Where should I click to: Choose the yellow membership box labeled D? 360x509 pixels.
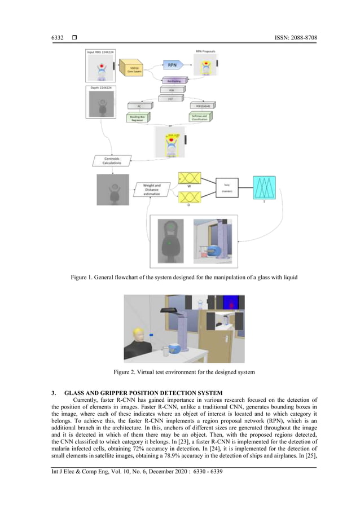(188, 197)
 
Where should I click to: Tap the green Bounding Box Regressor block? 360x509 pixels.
(134, 116)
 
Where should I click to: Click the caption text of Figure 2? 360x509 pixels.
(184, 372)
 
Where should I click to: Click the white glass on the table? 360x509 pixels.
(166, 352)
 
